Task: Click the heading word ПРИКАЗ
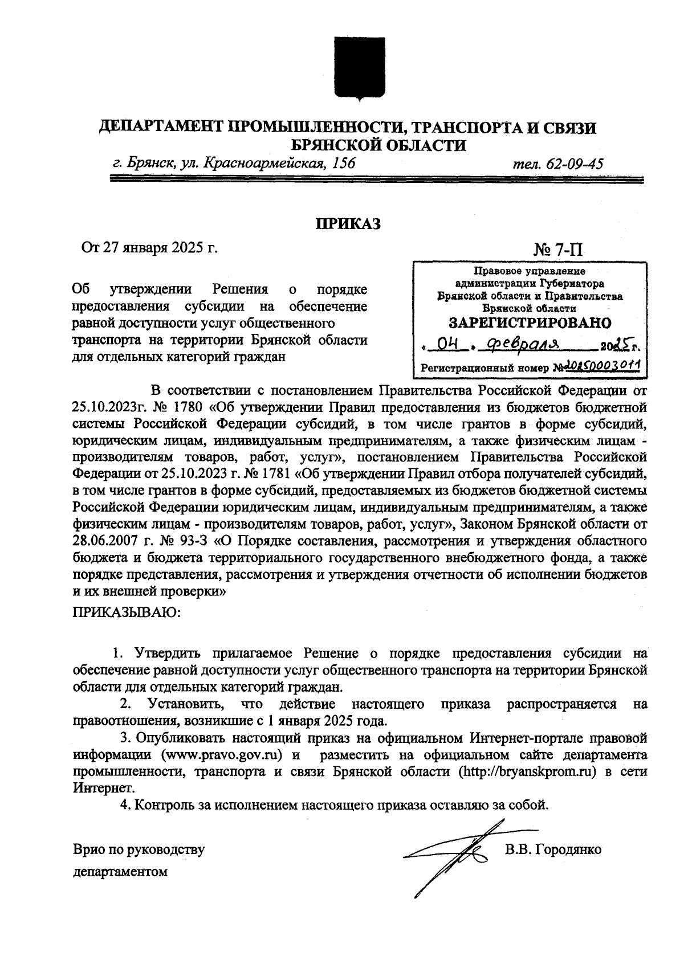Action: click(x=348, y=224)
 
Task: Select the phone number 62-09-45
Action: click(x=575, y=164)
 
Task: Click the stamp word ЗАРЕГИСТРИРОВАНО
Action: click(x=530, y=323)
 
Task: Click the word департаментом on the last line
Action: click(x=120, y=872)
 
